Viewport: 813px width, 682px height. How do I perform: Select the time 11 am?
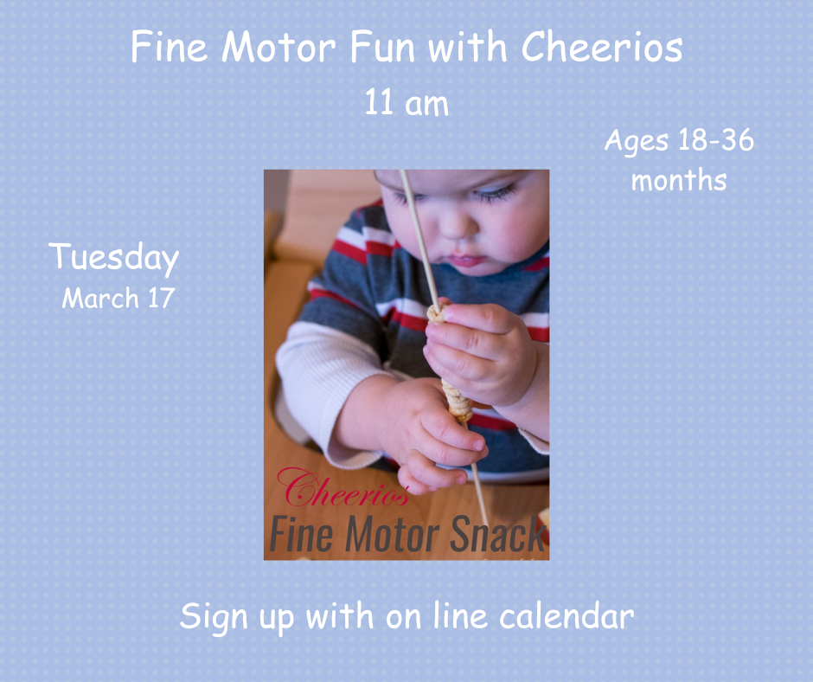[406, 104]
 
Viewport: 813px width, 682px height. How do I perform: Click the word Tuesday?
[114, 258]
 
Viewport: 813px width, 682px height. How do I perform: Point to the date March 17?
[118, 299]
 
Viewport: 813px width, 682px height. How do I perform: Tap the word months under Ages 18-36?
[678, 181]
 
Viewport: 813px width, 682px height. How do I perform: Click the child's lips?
[468, 258]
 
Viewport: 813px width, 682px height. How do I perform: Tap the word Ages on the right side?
[636, 141]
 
